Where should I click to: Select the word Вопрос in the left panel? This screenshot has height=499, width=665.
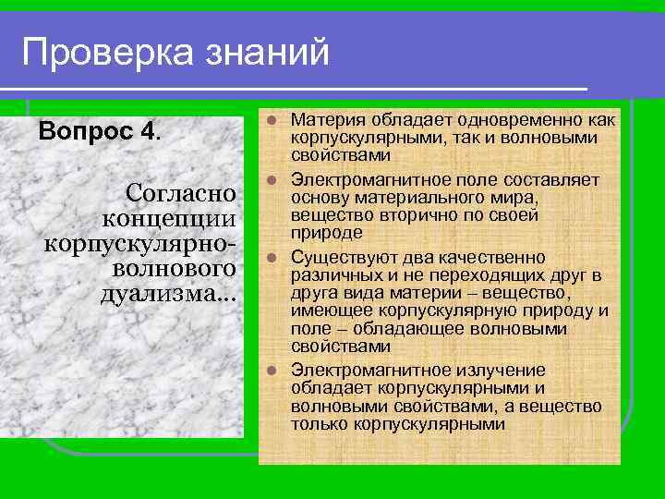(x=87, y=129)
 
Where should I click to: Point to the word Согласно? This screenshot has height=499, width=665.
(x=181, y=194)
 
